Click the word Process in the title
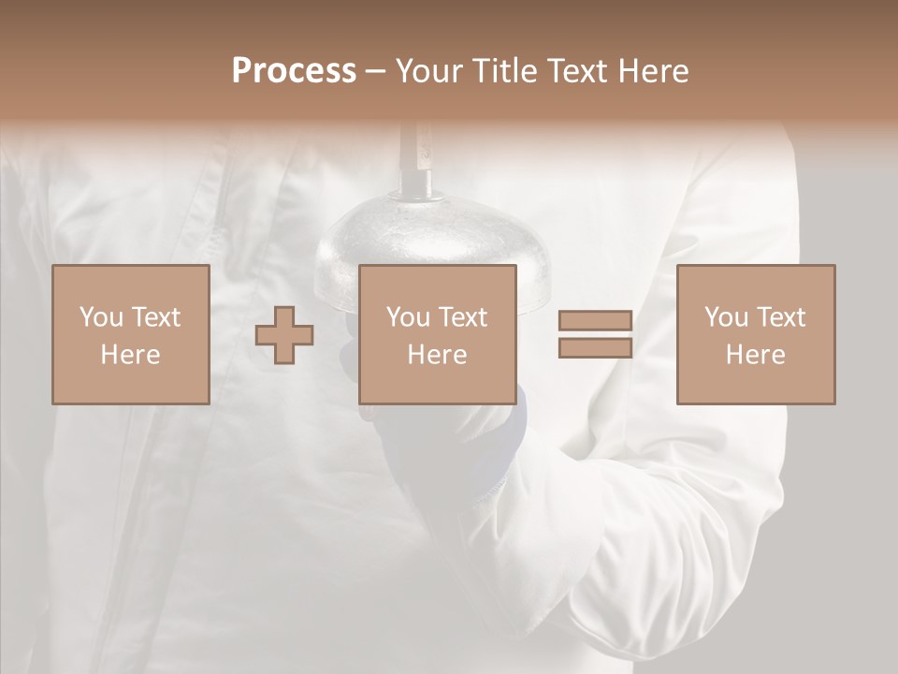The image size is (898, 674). pyautogui.click(x=294, y=71)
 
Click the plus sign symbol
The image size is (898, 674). pyautogui.click(x=284, y=334)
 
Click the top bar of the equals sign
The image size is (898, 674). pyautogui.click(x=595, y=321)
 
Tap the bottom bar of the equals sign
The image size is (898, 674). pyautogui.click(x=595, y=348)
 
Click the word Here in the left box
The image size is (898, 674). pyautogui.click(x=130, y=355)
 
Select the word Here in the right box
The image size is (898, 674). pyautogui.click(x=756, y=355)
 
